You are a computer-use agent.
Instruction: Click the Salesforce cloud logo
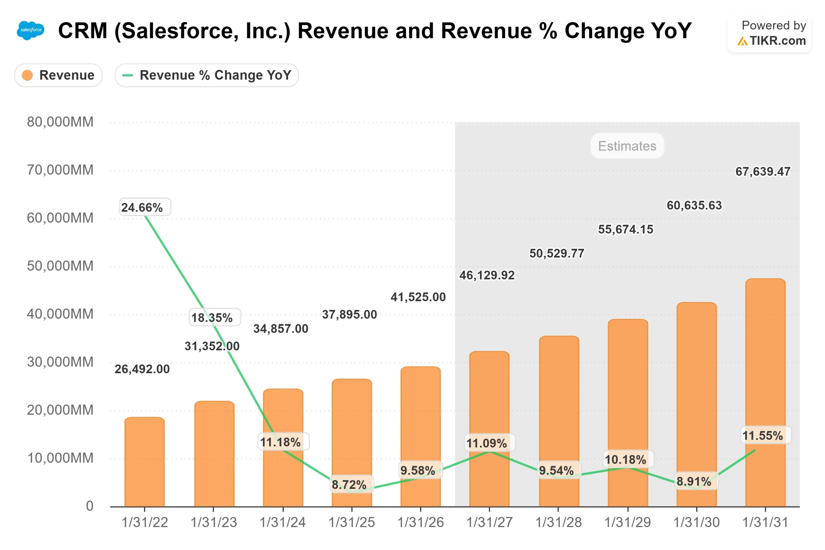click(31, 30)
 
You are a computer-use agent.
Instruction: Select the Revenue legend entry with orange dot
click(58, 75)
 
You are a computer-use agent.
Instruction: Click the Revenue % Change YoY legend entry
click(207, 75)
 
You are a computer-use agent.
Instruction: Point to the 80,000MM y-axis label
click(60, 122)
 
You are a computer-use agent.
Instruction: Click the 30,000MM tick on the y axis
click(60, 362)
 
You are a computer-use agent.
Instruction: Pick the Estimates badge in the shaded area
click(627, 146)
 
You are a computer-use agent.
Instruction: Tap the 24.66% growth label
click(142, 207)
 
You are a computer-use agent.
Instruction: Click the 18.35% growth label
click(212, 318)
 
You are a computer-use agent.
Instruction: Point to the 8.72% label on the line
click(349, 485)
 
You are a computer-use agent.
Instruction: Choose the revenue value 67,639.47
click(763, 171)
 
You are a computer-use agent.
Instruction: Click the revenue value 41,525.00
click(418, 297)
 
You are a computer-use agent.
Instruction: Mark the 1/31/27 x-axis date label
click(489, 523)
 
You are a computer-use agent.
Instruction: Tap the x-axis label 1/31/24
click(283, 523)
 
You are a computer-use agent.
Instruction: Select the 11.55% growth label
click(763, 436)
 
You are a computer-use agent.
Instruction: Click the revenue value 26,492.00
click(142, 369)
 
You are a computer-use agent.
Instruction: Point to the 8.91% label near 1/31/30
click(694, 482)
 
